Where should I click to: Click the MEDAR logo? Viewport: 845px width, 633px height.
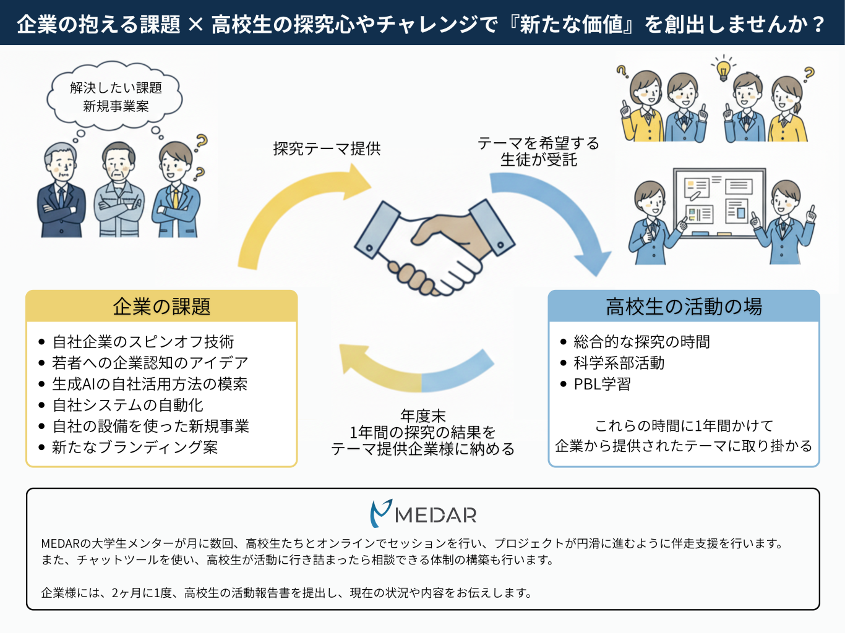tap(423, 514)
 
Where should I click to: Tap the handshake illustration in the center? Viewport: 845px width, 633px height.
tap(433, 247)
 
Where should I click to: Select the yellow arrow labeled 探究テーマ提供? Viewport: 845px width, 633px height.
tap(291, 210)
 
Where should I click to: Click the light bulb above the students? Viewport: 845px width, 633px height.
tap(723, 69)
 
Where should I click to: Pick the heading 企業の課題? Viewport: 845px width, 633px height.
tap(161, 307)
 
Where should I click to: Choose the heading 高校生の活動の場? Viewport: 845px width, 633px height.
tap(684, 307)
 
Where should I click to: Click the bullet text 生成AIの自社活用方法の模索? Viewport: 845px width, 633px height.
tap(150, 384)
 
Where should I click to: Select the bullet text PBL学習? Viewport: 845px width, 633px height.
tap(602, 384)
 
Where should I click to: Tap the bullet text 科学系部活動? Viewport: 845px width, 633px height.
tap(619, 363)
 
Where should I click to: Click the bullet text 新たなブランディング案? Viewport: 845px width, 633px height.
tap(135, 447)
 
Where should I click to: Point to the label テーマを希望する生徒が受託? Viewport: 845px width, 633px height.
tap(538, 151)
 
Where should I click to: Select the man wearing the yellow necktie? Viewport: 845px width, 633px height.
tap(176, 192)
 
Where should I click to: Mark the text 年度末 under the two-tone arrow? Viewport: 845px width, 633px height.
tap(423, 415)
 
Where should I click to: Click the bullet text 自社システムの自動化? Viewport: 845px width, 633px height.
tap(128, 405)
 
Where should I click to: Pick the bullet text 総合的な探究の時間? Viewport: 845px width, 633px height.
tap(641, 342)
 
